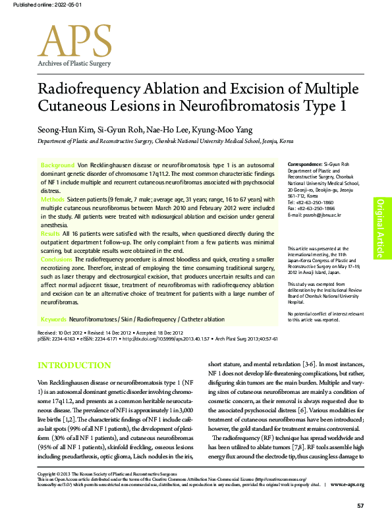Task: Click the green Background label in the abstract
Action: point(58,164)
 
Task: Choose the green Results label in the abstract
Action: point(51,234)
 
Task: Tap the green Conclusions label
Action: point(57,260)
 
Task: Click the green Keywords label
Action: point(53,319)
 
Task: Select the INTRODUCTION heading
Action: point(74,366)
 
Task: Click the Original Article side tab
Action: point(380,221)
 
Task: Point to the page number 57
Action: point(360,505)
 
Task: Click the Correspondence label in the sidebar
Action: point(305,163)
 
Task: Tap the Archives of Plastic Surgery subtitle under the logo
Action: point(74,63)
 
